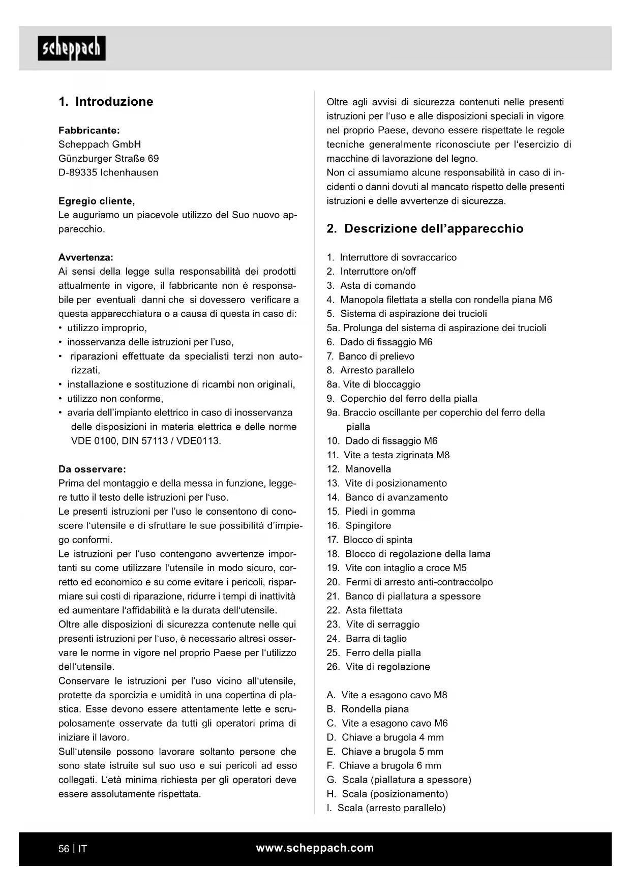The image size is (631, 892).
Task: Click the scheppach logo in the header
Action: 72,48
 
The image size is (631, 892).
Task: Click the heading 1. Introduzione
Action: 106,102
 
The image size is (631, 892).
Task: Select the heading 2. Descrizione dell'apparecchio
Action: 425,229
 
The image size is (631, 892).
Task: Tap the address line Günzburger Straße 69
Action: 108,159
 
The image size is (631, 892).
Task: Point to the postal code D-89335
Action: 77,173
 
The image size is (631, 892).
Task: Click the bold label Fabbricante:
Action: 89,131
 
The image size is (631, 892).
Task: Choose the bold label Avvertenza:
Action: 86,257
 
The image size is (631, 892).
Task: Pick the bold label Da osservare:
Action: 92,469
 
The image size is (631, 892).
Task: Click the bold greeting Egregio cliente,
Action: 97,201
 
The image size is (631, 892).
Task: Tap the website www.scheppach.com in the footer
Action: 315,848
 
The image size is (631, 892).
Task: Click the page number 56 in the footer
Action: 64,849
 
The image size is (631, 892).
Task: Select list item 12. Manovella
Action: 359,469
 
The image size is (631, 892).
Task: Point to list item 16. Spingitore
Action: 359,526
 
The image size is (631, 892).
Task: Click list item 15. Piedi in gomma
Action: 371,512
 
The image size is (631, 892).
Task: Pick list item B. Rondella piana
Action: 368,709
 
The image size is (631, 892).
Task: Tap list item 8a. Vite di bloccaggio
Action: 373,384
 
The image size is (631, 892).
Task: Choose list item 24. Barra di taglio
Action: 366,639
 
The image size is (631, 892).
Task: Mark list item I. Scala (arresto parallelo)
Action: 386,808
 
